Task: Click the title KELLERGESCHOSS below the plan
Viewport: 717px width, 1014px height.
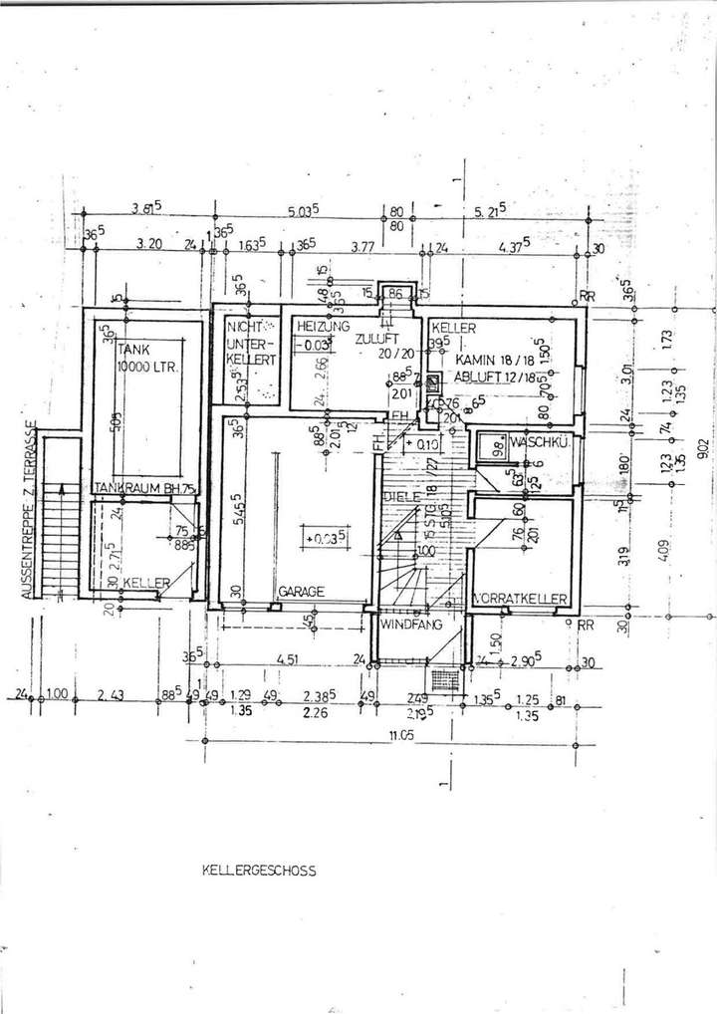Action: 258,870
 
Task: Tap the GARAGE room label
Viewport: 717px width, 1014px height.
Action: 301,591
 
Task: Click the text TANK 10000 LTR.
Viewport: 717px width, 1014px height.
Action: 147,358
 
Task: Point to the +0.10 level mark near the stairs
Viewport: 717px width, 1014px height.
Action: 425,444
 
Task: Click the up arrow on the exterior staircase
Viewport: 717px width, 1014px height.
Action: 63,490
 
